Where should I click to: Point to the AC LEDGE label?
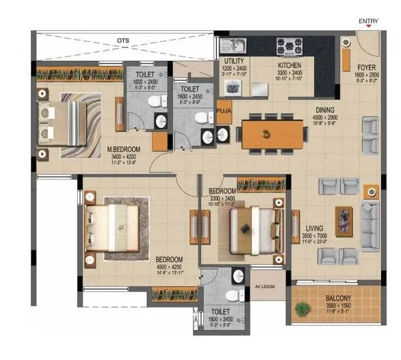point(266,287)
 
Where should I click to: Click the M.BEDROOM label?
point(123,148)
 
